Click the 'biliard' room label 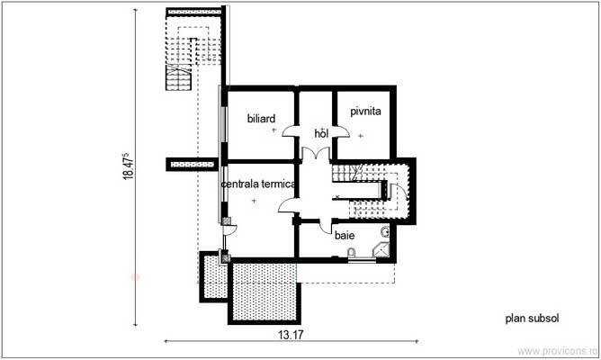coord(261,117)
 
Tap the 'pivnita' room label coord(353,111)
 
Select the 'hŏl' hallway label coord(321,132)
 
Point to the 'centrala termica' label coord(259,184)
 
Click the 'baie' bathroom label coord(345,236)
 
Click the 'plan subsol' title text coord(533,318)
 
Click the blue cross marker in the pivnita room coord(360,135)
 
